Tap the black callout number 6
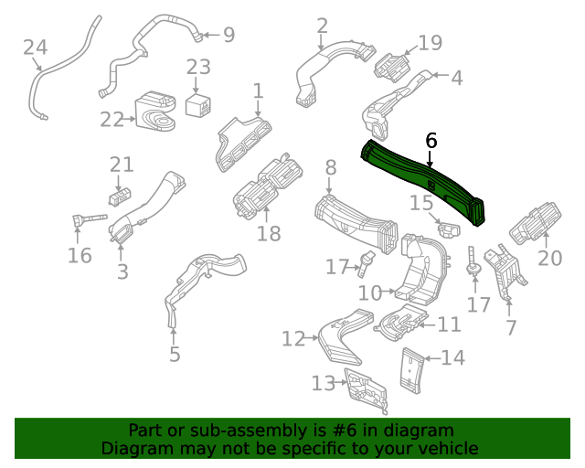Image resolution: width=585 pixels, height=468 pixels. [x=431, y=141]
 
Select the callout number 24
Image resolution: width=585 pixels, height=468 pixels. [x=35, y=48]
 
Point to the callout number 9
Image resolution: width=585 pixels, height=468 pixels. [x=228, y=36]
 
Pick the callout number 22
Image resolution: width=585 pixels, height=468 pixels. [x=112, y=120]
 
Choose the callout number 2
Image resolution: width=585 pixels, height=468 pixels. [x=322, y=26]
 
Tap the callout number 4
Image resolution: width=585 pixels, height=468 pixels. [x=456, y=78]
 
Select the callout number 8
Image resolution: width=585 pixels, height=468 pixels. [x=330, y=167]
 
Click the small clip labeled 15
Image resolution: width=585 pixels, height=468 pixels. [x=447, y=226]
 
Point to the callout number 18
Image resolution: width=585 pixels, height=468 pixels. [x=269, y=233]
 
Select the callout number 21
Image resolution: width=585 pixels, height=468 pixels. [x=122, y=165]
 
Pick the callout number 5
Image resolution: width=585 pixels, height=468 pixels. [x=175, y=354]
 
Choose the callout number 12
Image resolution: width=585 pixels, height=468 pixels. [x=292, y=339]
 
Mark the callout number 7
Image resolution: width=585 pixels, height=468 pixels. [x=511, y=327]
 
